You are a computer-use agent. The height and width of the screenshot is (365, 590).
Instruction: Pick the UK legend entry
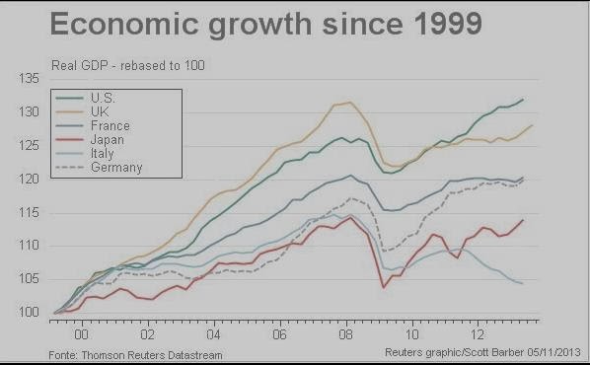99,112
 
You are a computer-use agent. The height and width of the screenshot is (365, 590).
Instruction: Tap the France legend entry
109,126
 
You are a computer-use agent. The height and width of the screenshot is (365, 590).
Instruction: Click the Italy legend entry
103,154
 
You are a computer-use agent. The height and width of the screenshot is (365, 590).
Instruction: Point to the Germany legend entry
114,168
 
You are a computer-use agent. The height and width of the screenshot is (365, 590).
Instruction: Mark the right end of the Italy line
522,283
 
